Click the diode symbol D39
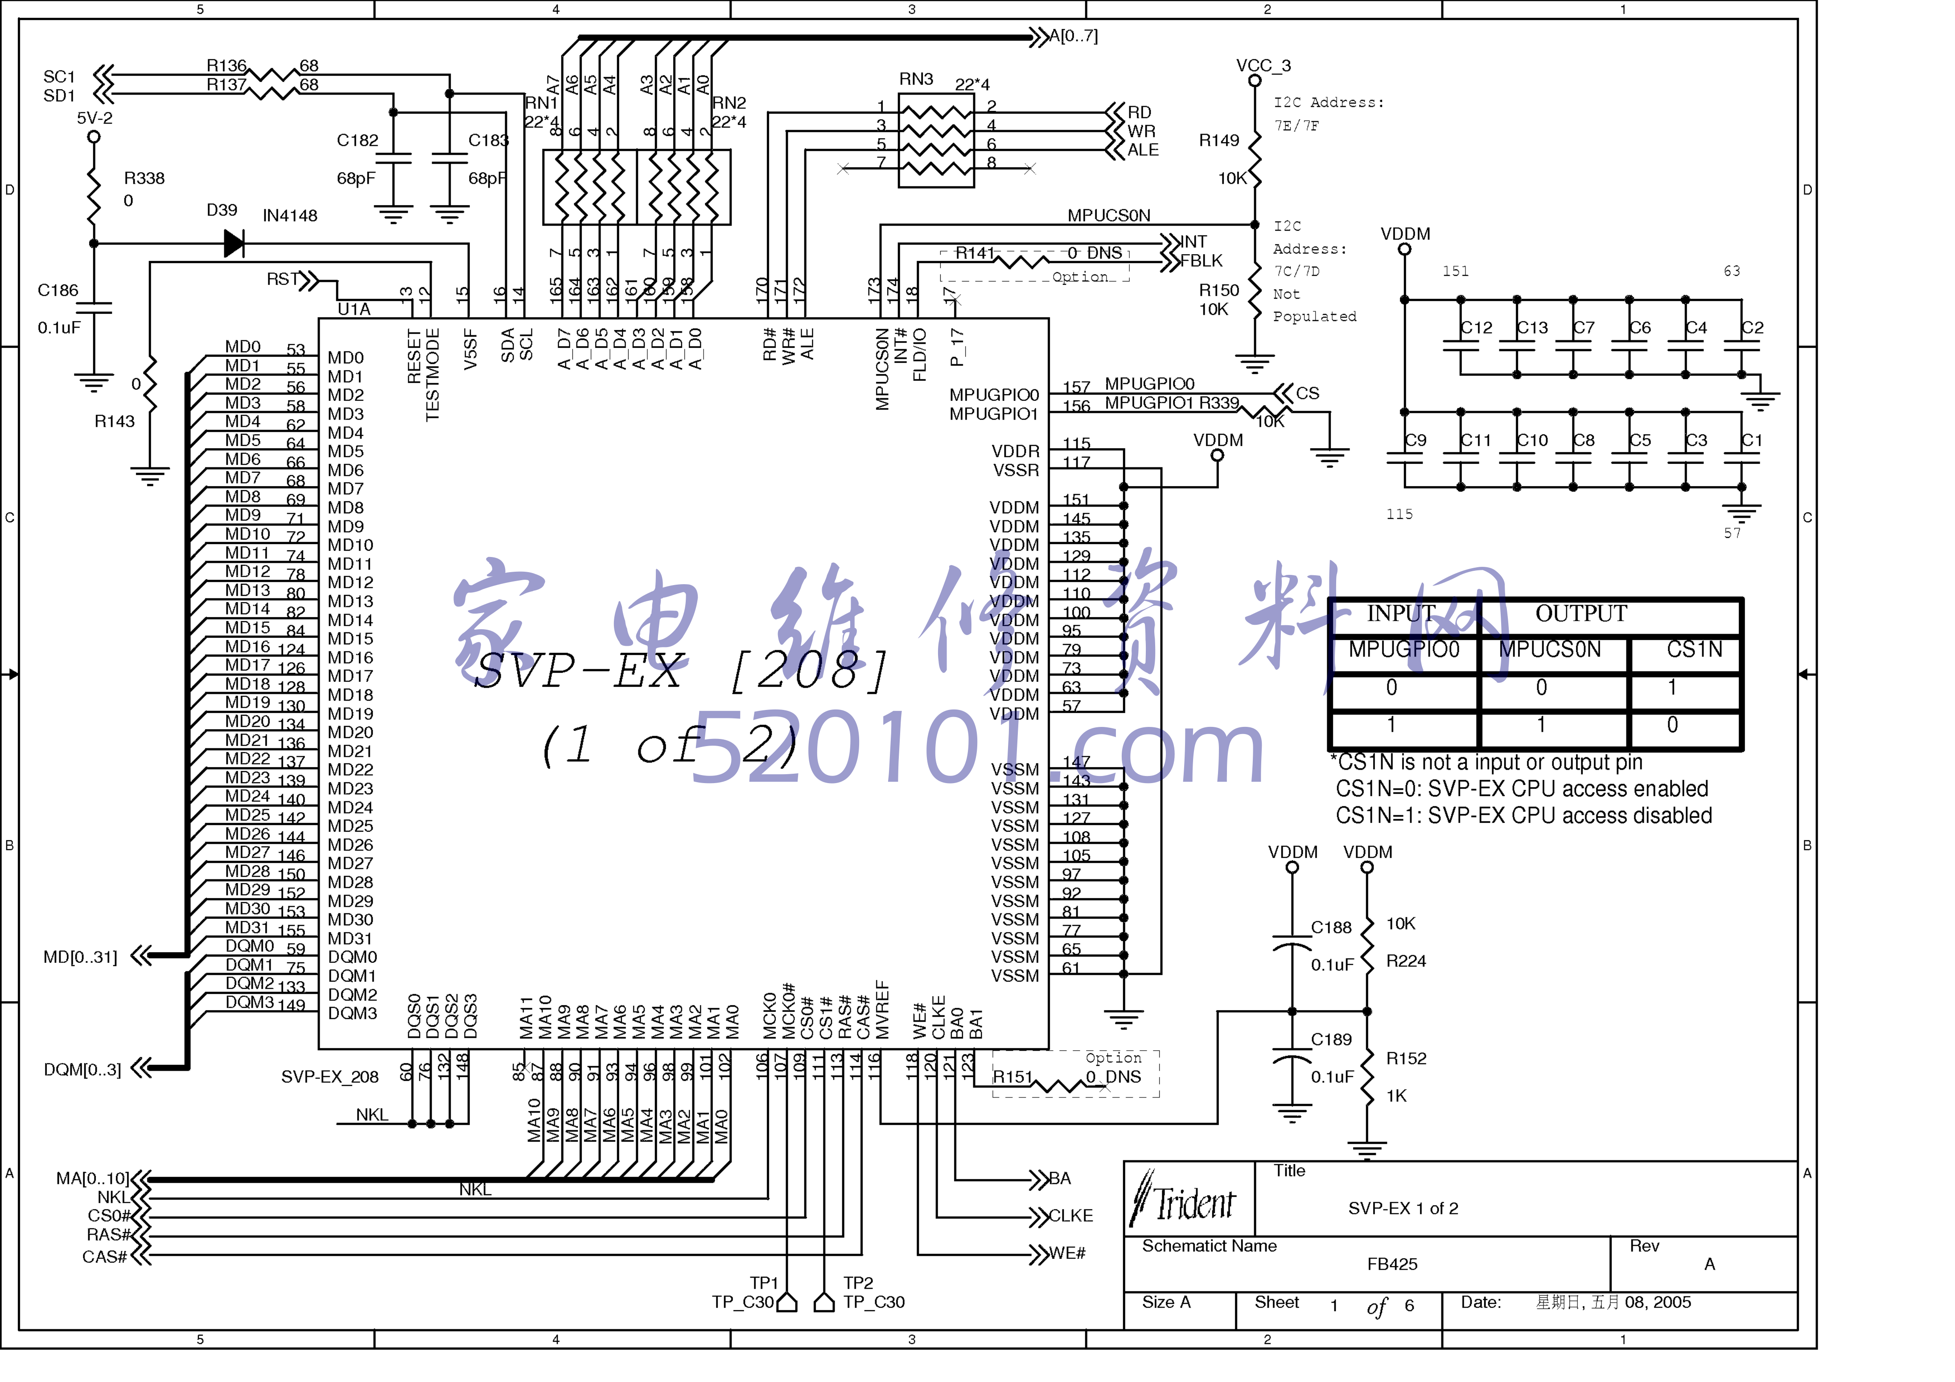[233, 243]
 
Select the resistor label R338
[144, 178]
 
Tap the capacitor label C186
[58, 290]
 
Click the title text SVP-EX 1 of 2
[1403, 1208]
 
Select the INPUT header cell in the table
[1402, 614]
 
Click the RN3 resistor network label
[916, 79]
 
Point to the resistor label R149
[1218, 140]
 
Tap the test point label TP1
[764, 1283]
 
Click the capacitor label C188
[1331, 927]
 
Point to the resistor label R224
[1406, 961]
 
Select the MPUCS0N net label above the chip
[1109, 215]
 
